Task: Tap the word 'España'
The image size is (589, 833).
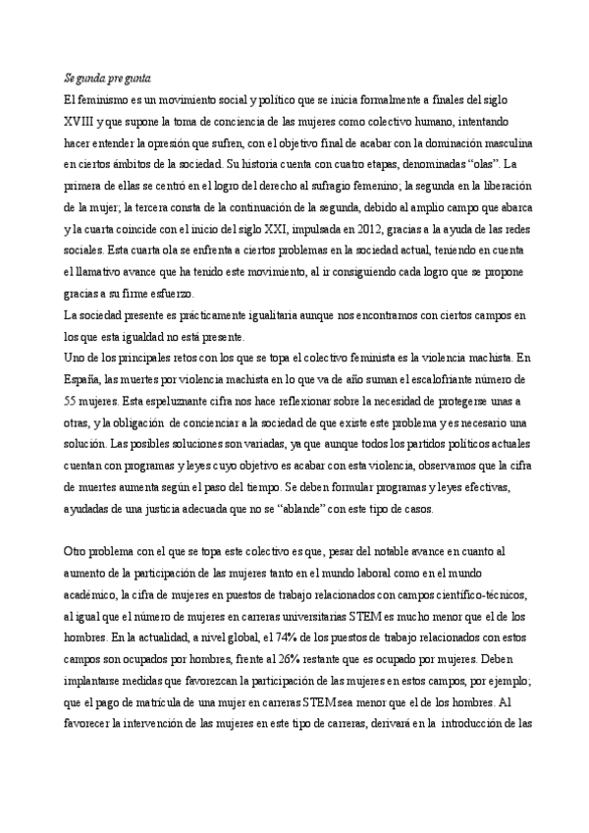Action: [x=82, y=378]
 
